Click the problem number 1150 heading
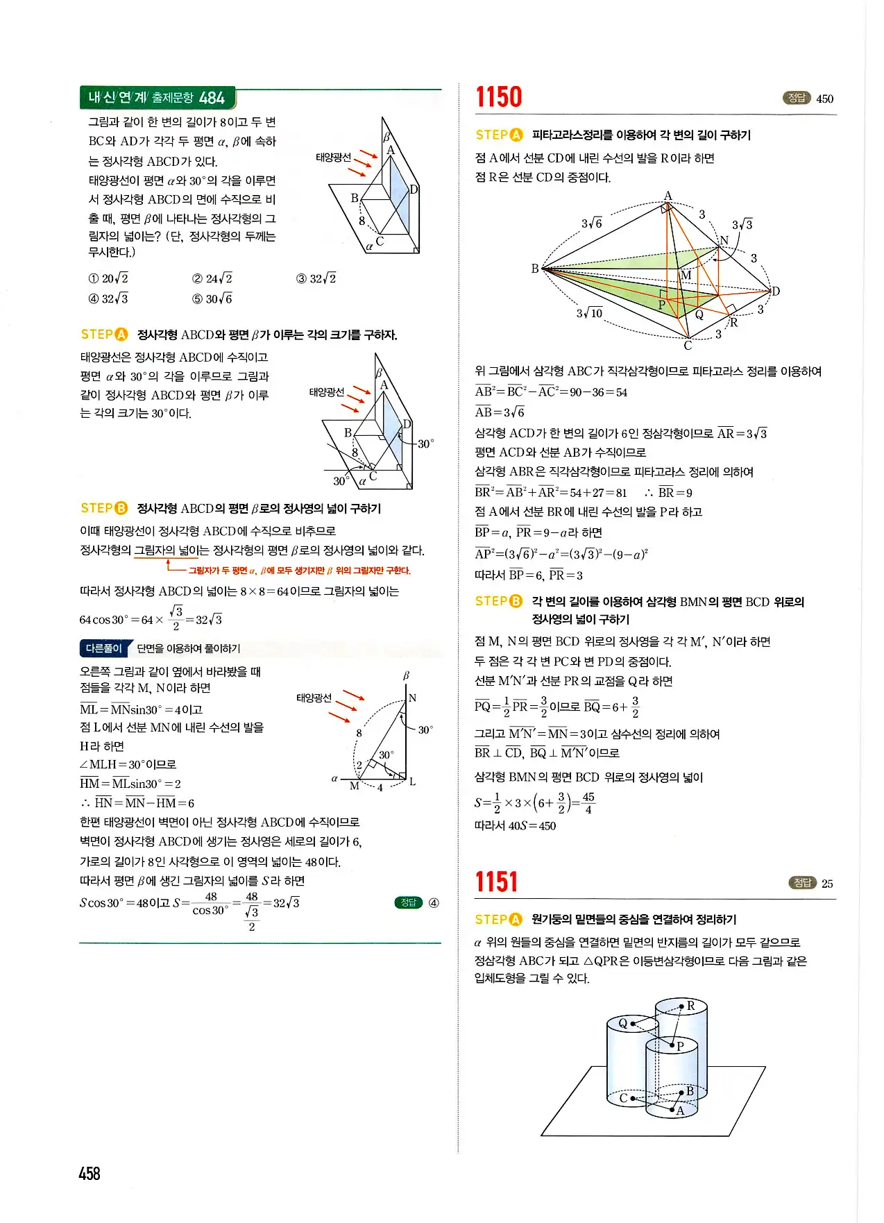[498, 97]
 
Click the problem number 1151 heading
[496, 882]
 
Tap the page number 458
[90, 1173]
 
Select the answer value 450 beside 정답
[824, 99]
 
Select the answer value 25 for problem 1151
[827, 884]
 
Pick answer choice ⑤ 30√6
[212, 298]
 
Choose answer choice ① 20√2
[108, 278]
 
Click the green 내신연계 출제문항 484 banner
[157, 98]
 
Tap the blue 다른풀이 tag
[103, 648]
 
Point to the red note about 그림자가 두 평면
[300, 571]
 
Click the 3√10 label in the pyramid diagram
[590, 313]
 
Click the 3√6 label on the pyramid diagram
[591, 223]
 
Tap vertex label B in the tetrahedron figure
[534, 268]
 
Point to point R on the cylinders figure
[690, 1006]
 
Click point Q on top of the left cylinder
[623, 1023]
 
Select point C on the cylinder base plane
[623, 1098]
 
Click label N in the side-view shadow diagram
[412, 698]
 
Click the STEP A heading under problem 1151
[498, 919]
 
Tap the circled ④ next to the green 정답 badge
[434, 902]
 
